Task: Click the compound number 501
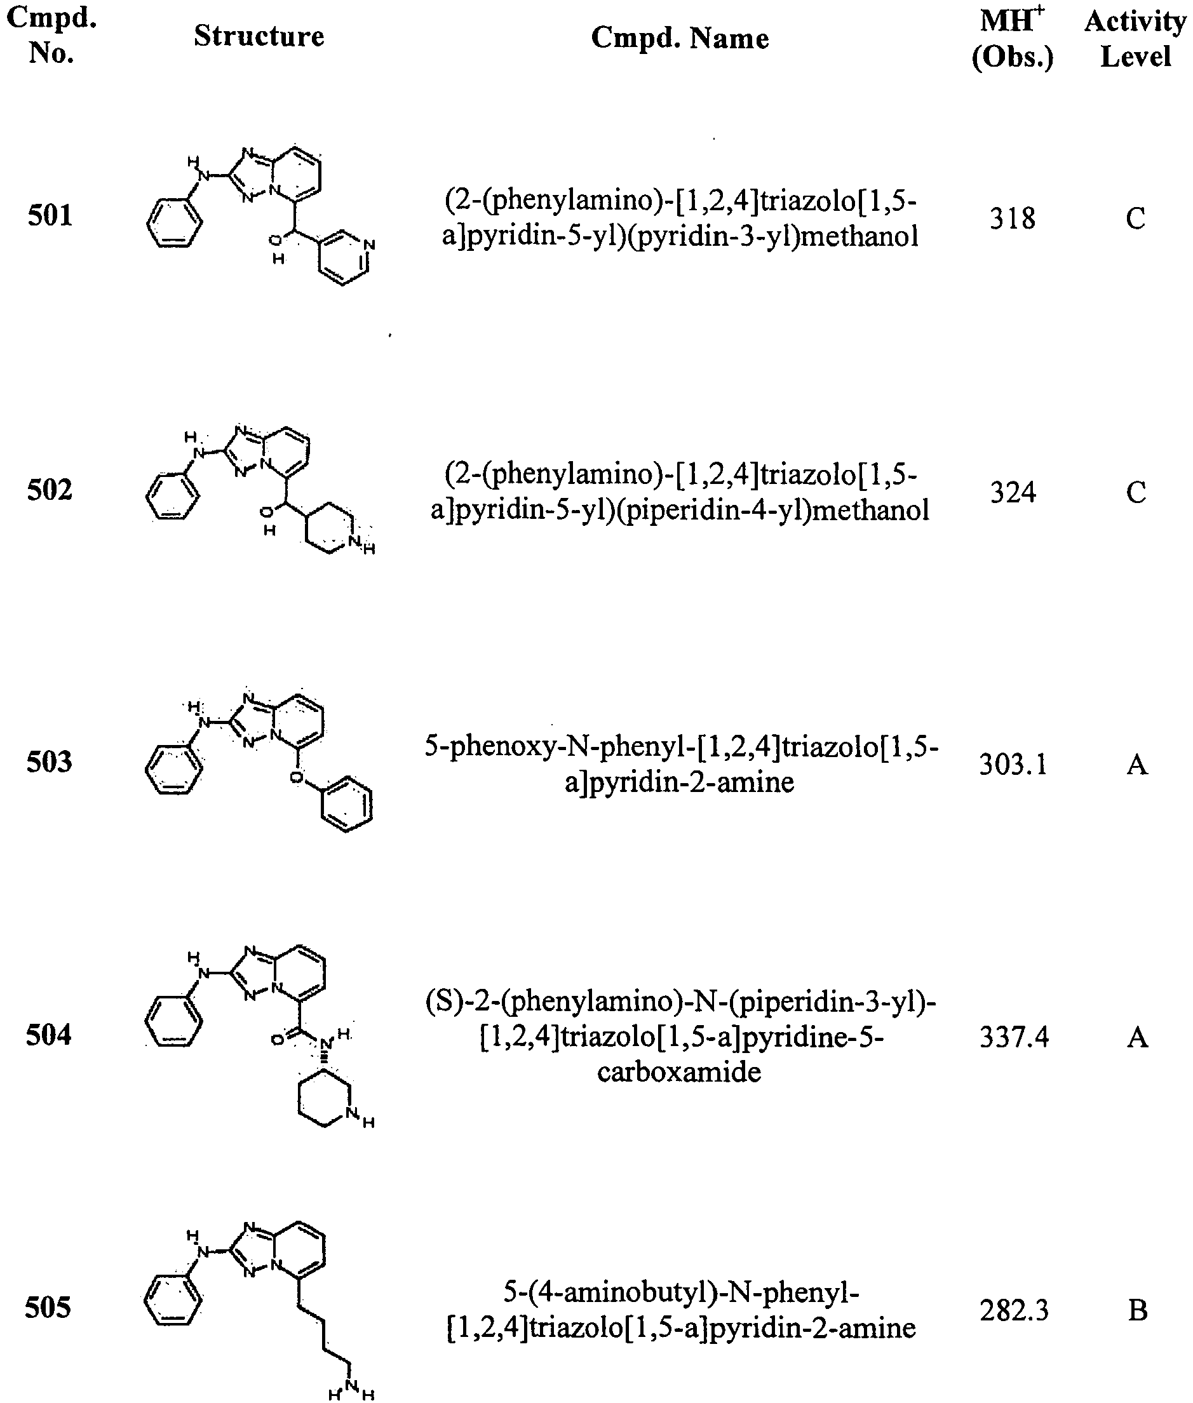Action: tap(50, 216)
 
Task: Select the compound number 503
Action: tap(50, 762)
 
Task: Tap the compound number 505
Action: tap(48, 1308)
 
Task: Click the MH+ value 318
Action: tap(1013, 218)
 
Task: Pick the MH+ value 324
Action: tap(1013, 492)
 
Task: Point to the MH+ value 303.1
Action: tap(1013, 765)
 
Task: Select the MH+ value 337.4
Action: tap(1014, 1037)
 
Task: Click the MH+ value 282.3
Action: tap(1014, 1310)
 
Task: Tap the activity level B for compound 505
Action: tap(1138, 1310)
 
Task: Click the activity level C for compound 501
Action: tap(1136, 218)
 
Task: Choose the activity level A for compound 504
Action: tap(1138, 1037)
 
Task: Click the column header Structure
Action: tap(259, 36)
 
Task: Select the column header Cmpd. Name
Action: tap(680, 39)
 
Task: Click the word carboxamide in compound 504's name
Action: tap(679, 1071)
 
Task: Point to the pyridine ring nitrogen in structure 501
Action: tap(368, 245)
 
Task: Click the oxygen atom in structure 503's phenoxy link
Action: tap(295, 777)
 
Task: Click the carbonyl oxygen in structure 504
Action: tap(277, 1039)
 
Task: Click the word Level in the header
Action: tap(1136, 56)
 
